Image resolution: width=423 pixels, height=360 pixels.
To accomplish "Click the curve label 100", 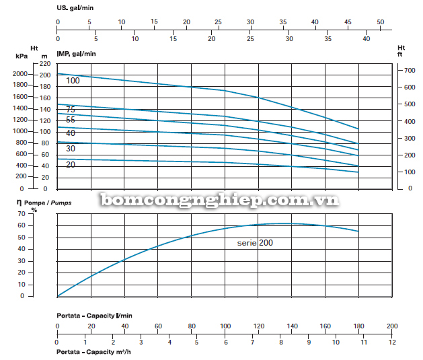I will (73, 81).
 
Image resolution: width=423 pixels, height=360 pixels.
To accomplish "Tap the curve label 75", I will (71, 110).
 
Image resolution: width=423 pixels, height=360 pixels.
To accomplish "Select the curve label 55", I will (71, 120).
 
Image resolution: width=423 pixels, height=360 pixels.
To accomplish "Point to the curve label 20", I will (71, 165).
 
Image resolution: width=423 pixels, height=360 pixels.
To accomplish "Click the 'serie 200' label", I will (255, 242).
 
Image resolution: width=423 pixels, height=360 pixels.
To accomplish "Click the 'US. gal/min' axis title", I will (75, 9).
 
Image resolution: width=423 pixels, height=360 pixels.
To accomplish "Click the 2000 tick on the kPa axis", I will (20, 74).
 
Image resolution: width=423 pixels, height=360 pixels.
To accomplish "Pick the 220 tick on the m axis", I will (45, 63).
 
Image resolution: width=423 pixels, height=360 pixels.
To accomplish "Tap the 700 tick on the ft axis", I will (403, 70).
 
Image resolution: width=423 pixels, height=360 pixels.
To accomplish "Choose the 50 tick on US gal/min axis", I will (380, 22).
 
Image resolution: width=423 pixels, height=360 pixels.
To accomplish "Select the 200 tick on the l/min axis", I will (392, 326).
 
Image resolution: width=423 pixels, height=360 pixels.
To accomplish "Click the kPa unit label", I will (21, 56).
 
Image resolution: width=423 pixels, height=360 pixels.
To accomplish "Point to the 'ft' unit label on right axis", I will (401, 55).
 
